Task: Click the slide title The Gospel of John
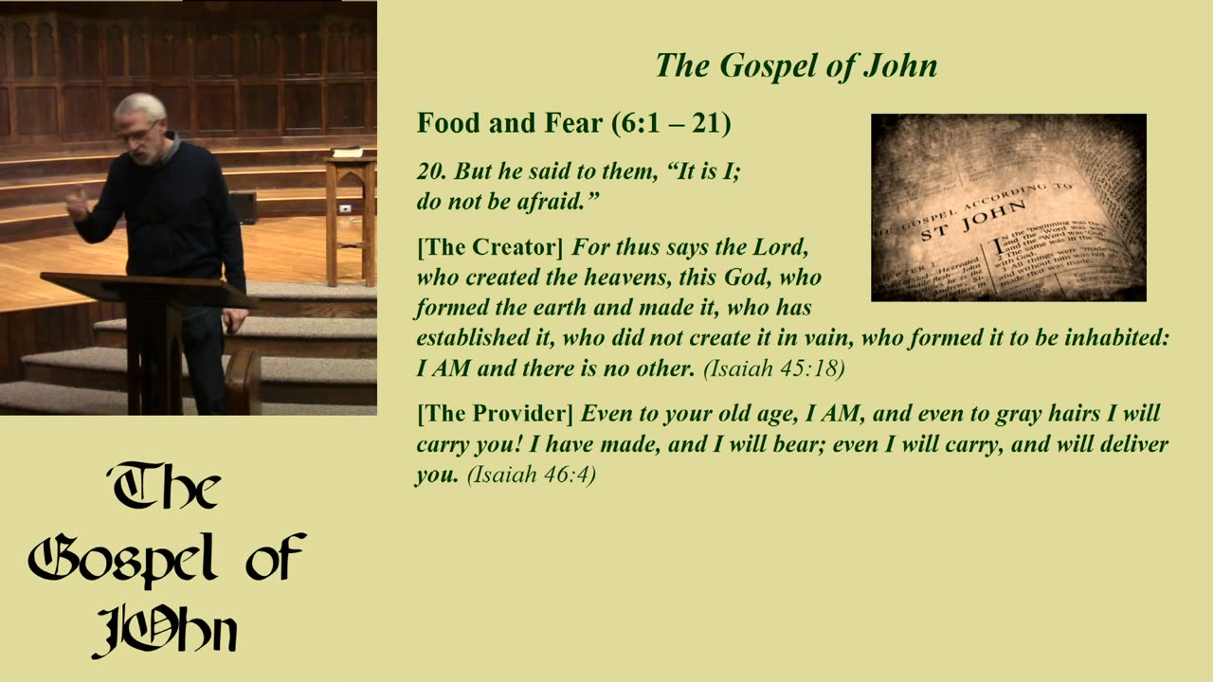(796, 65)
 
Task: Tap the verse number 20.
(431, 171)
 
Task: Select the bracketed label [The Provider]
(495, 414)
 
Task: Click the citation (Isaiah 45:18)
(773, 369)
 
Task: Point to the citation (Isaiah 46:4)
(531, 476)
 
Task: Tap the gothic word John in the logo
(166, 626)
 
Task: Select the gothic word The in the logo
(166, 488)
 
